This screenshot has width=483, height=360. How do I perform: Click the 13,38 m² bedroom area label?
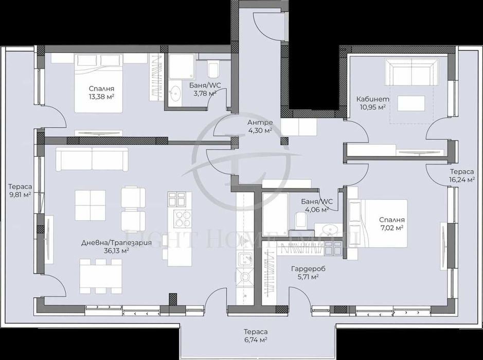click(x=101, y=97)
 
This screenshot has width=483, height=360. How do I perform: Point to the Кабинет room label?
click(x=373, y=99)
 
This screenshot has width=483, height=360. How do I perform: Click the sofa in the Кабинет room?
click(x=412, y=73)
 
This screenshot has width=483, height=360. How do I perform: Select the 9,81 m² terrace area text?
click(x=20, y=195)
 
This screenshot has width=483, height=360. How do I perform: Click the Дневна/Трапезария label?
click(x=116, y=243)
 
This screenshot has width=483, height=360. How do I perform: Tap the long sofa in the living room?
click(x=92, y=159)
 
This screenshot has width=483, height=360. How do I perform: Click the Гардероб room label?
click(x=308, y=268)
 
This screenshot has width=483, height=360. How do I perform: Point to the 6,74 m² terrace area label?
click(x=256, y=340)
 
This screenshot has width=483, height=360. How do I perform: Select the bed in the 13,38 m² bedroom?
click(x=100, y=82)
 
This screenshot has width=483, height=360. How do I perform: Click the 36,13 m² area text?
click(x=116, y=250)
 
